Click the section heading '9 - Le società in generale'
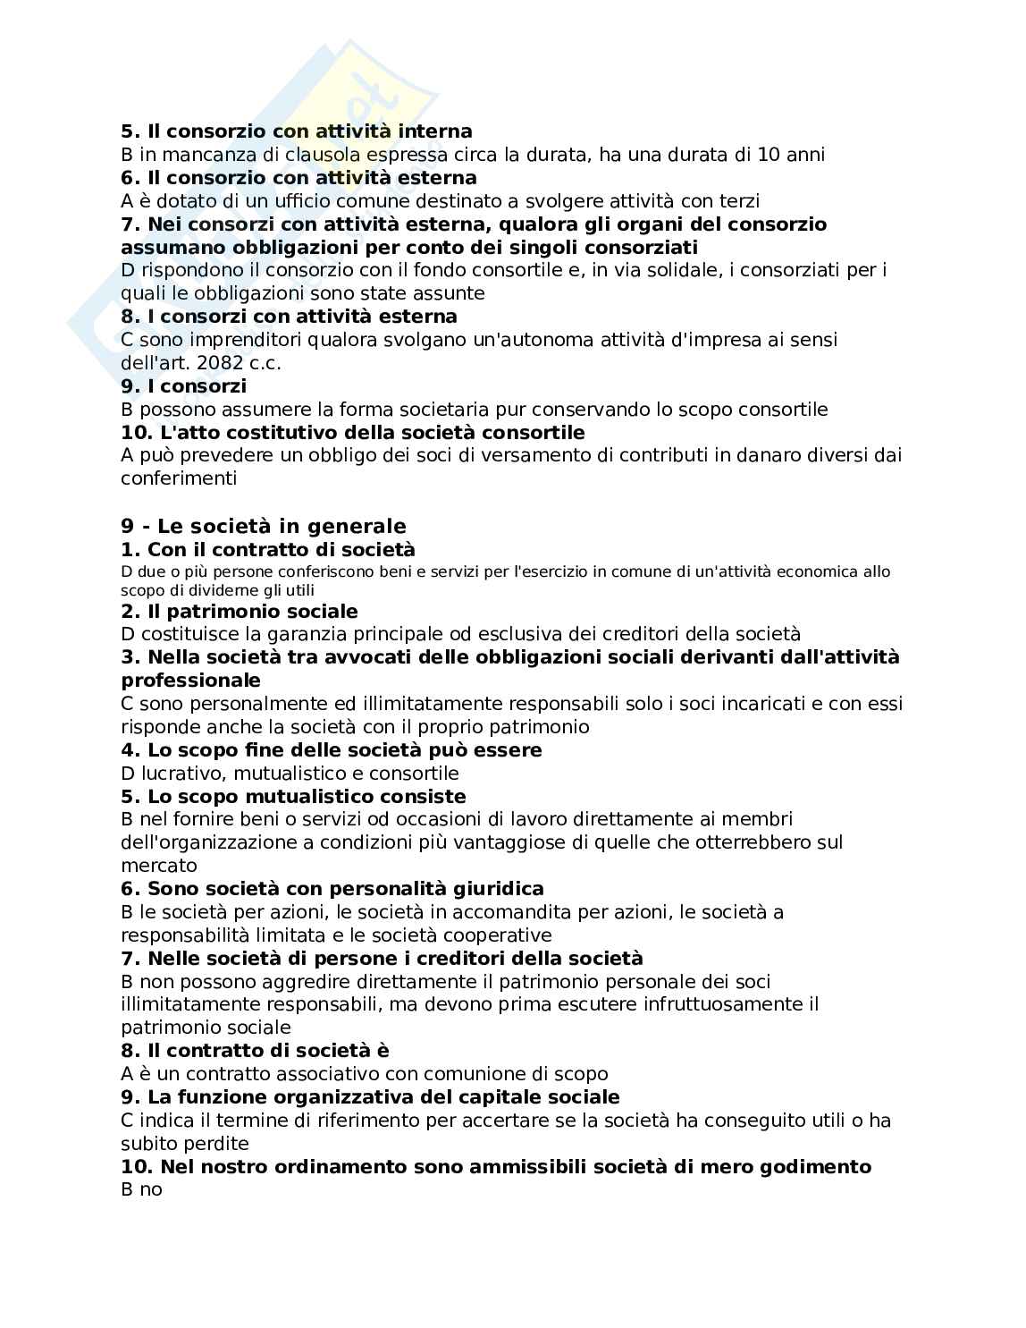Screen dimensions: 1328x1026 (x=263, y=526)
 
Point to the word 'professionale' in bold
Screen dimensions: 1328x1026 (x=190, y=681)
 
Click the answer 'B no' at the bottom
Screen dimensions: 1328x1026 (x=141, y=1190)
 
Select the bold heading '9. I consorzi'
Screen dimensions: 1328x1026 (x=183, y=386)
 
